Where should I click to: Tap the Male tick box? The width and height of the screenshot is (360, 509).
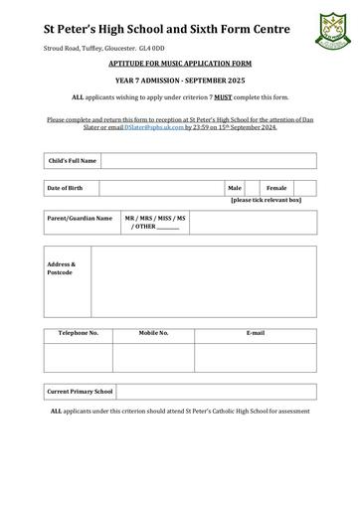[x=252, y=188]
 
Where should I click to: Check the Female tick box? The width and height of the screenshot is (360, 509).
[x=304, y=188]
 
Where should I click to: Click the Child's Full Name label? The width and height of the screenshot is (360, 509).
[x=73, y=160]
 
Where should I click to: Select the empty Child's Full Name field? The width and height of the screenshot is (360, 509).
[x=208, y=160]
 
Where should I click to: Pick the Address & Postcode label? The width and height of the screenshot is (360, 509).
[x=61, y=268]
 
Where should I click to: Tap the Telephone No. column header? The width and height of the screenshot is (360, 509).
[x=79, y=333]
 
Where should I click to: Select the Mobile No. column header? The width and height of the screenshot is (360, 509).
[x=153, y=333]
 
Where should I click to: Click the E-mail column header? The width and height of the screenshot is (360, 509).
[x=255, y=333]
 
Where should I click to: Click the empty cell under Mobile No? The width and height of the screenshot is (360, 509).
[x=153, y=355]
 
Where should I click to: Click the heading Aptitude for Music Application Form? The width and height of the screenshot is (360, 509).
[x=179, y=63]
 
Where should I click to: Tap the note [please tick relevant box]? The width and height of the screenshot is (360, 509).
[x=266, y=200]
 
